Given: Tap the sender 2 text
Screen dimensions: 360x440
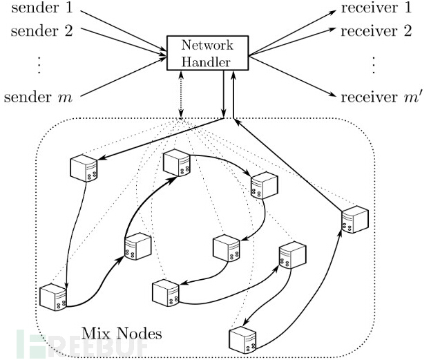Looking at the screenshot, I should click(x=36, y=30).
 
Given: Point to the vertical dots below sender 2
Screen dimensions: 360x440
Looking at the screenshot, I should click(x=39, y=63).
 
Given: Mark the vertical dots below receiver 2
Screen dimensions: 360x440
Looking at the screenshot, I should click(x=374, y=63).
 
